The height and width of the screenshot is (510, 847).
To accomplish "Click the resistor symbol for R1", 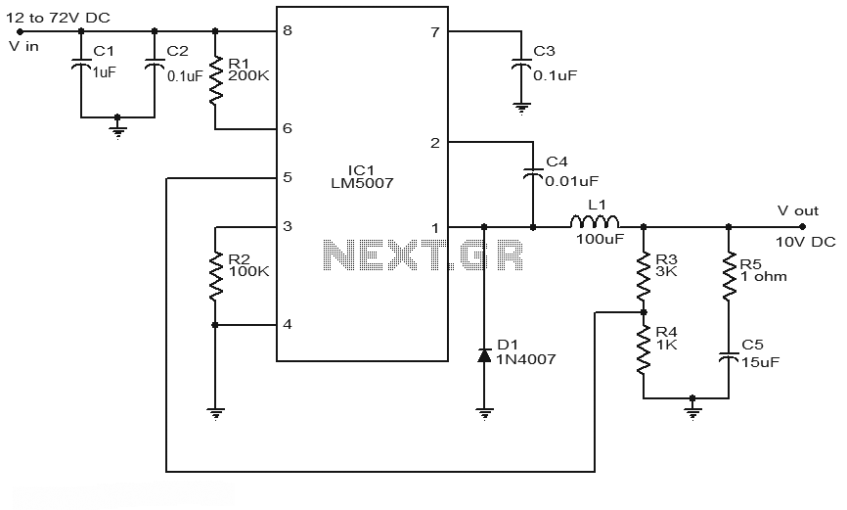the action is click(215, 79).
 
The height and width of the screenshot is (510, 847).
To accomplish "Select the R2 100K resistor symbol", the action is click(215, 276).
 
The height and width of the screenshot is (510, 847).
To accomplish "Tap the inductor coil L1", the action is click(595, 221).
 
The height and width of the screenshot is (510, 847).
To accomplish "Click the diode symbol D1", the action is click(484, 355).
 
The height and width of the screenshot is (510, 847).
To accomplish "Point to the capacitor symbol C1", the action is click(81, 65).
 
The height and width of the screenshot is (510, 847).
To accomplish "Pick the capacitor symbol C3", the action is click(521, 65).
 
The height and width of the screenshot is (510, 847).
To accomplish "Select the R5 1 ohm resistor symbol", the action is click(729, 276).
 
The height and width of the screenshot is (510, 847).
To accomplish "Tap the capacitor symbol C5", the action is click(729, 356).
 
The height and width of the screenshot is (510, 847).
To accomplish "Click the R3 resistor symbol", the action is click(644, 276).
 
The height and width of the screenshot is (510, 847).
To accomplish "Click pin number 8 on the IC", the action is click(288, 30).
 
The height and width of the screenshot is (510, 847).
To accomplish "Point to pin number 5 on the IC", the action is click(288, 177).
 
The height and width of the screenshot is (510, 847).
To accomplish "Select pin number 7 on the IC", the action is click(435, 32).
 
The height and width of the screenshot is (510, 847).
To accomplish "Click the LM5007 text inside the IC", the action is click(362, 183).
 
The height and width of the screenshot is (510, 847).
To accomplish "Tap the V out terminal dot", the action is click(802, 226).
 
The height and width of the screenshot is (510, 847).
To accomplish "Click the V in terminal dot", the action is click(21, 31).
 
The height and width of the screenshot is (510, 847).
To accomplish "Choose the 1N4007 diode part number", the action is click(525, 358).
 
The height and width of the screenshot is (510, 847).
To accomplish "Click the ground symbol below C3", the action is click(521, 110).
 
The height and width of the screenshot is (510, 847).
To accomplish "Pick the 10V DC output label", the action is click(805, 242).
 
